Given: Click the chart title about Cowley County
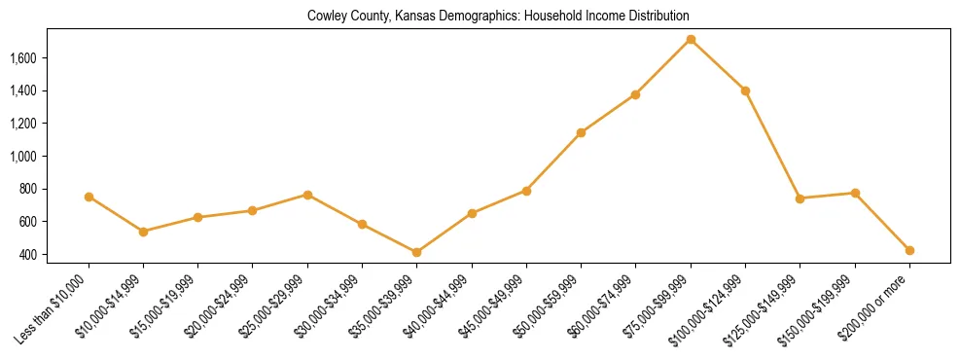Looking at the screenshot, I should click(x=498, y=17).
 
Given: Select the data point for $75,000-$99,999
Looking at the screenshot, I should click(x=691, y=40).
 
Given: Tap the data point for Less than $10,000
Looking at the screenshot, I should click(x=89, y=197).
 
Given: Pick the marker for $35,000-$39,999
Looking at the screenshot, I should click(x=417, y=252).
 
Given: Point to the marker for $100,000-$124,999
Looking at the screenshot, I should click(x=745, y=90).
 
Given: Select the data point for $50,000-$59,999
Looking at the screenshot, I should click(x=581, y=132).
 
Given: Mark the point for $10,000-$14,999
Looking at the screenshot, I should click(x=143, y=232).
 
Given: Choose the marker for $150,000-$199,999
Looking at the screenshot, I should click(x=855, y=193).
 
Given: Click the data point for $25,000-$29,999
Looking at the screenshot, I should click(x=307, y=195).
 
